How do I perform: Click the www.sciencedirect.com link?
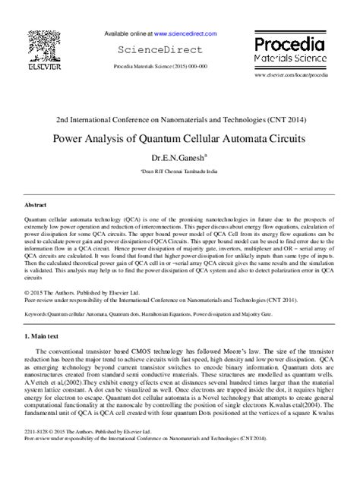185,34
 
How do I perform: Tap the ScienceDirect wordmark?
159,50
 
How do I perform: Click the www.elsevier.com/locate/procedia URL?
291,76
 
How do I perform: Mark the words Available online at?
128,34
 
